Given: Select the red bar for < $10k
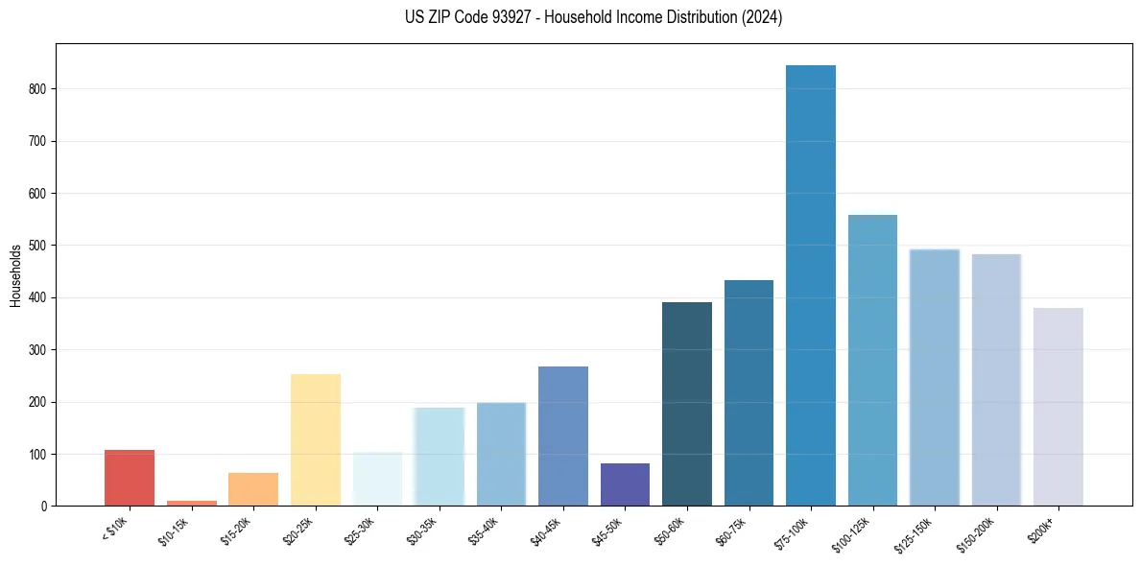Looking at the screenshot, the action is click(x=130, y=478).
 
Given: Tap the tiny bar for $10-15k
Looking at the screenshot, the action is click(x=191, y=503).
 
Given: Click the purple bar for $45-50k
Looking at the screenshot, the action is click(x=625, y=484).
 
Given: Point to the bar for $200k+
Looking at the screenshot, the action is click(x=1058, y=407).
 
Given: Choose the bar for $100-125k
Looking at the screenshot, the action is click(x=872, y=361).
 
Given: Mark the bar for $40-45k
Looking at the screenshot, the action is click(x=562, y=436).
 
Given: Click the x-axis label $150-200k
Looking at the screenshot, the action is click(x=973, y=533).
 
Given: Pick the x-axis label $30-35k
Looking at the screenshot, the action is click(x=421, y=529).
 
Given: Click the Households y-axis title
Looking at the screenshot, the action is click(x=15, y=275).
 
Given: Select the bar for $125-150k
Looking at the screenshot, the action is click(x=934, y=377).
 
